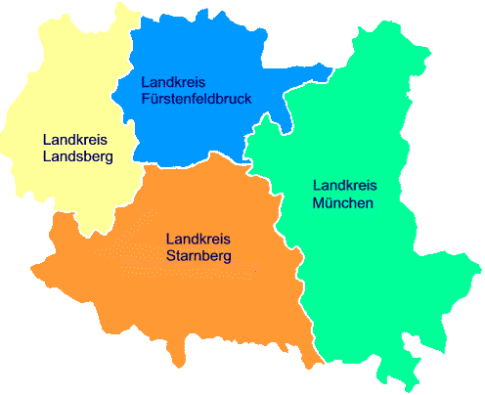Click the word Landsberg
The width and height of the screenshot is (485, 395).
78,155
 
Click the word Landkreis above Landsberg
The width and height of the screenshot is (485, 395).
75,139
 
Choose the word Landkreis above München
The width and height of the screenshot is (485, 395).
344,185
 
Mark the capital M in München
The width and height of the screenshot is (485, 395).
317,202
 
